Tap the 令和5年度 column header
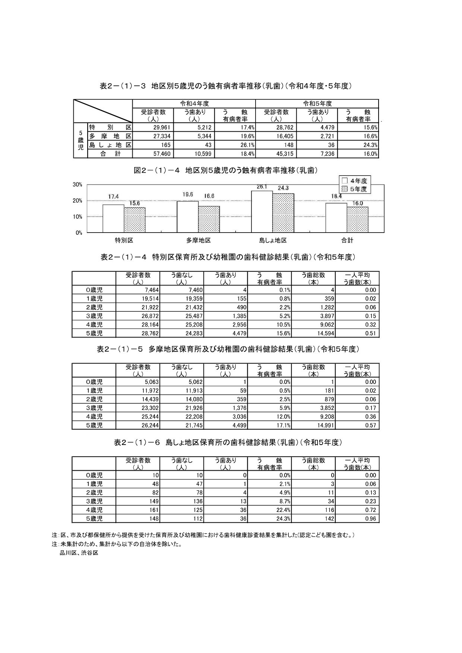317,103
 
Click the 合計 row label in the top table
110,154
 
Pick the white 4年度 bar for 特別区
113,218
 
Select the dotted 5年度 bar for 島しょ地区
283,213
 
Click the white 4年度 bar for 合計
336,218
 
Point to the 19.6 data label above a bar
188,195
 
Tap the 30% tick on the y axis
77,185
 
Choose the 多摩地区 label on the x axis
199,240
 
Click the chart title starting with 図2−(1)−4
226,170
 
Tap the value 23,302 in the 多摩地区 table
151,408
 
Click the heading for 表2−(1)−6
228,442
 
